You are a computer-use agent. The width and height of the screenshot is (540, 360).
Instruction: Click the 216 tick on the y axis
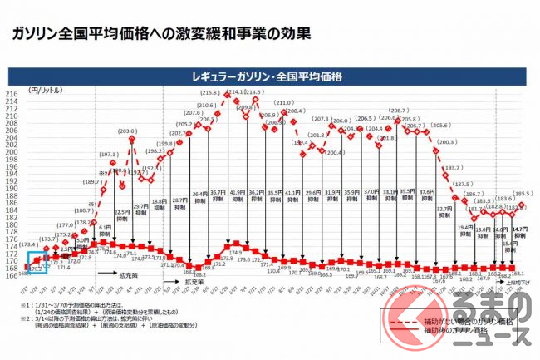[x=12, y=94]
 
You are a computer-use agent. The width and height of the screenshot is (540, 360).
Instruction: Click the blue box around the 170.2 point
[x=37, y=268]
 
